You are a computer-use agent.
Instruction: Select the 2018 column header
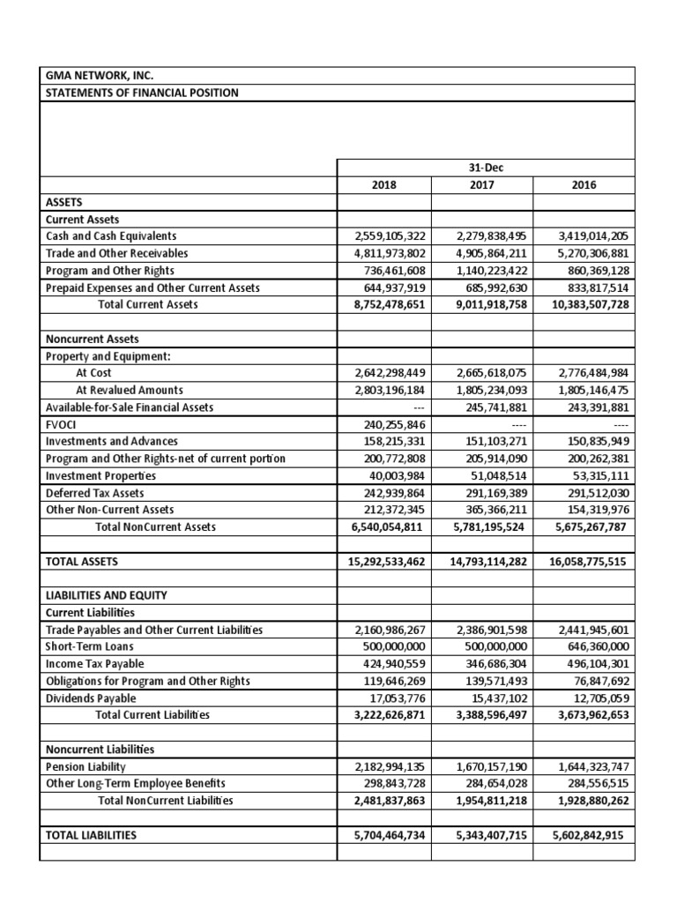pyautogui.click(x=384, y=186)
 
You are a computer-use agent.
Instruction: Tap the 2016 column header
pyautogui.click(x=583, y=186)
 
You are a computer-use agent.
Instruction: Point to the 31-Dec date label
pyautogui.click(x=483, y=168)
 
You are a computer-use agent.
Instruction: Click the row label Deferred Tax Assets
pyautogui.click(x=94, y=493)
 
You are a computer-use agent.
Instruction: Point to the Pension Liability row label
pyautogui.click(x=86, y=767)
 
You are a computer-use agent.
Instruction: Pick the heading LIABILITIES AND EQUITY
pyautogui.click(x=106, y=595)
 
